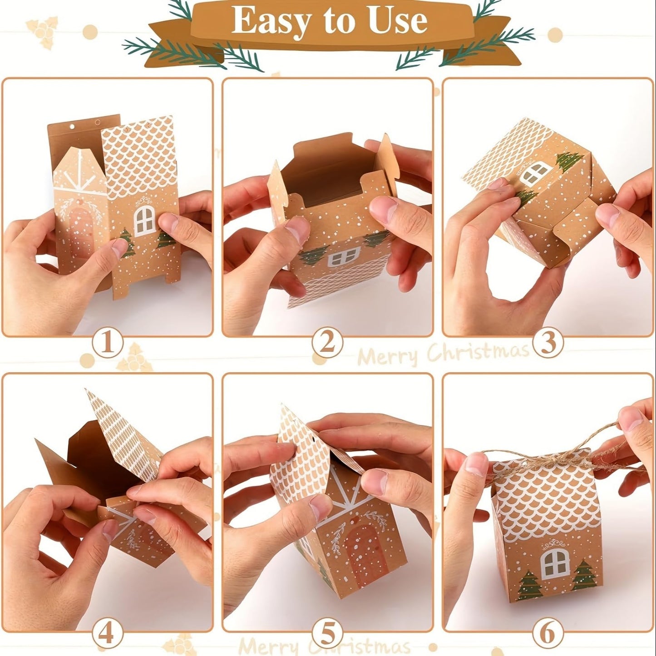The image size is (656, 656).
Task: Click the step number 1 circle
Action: pos(108,343)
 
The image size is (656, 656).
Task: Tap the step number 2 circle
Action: pos(327,343)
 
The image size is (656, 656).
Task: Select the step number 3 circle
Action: pos(548,343)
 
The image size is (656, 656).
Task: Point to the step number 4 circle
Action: pos(108,632)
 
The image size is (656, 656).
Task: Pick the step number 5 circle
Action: pos(327,632)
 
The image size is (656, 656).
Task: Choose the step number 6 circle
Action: pos(548,632)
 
